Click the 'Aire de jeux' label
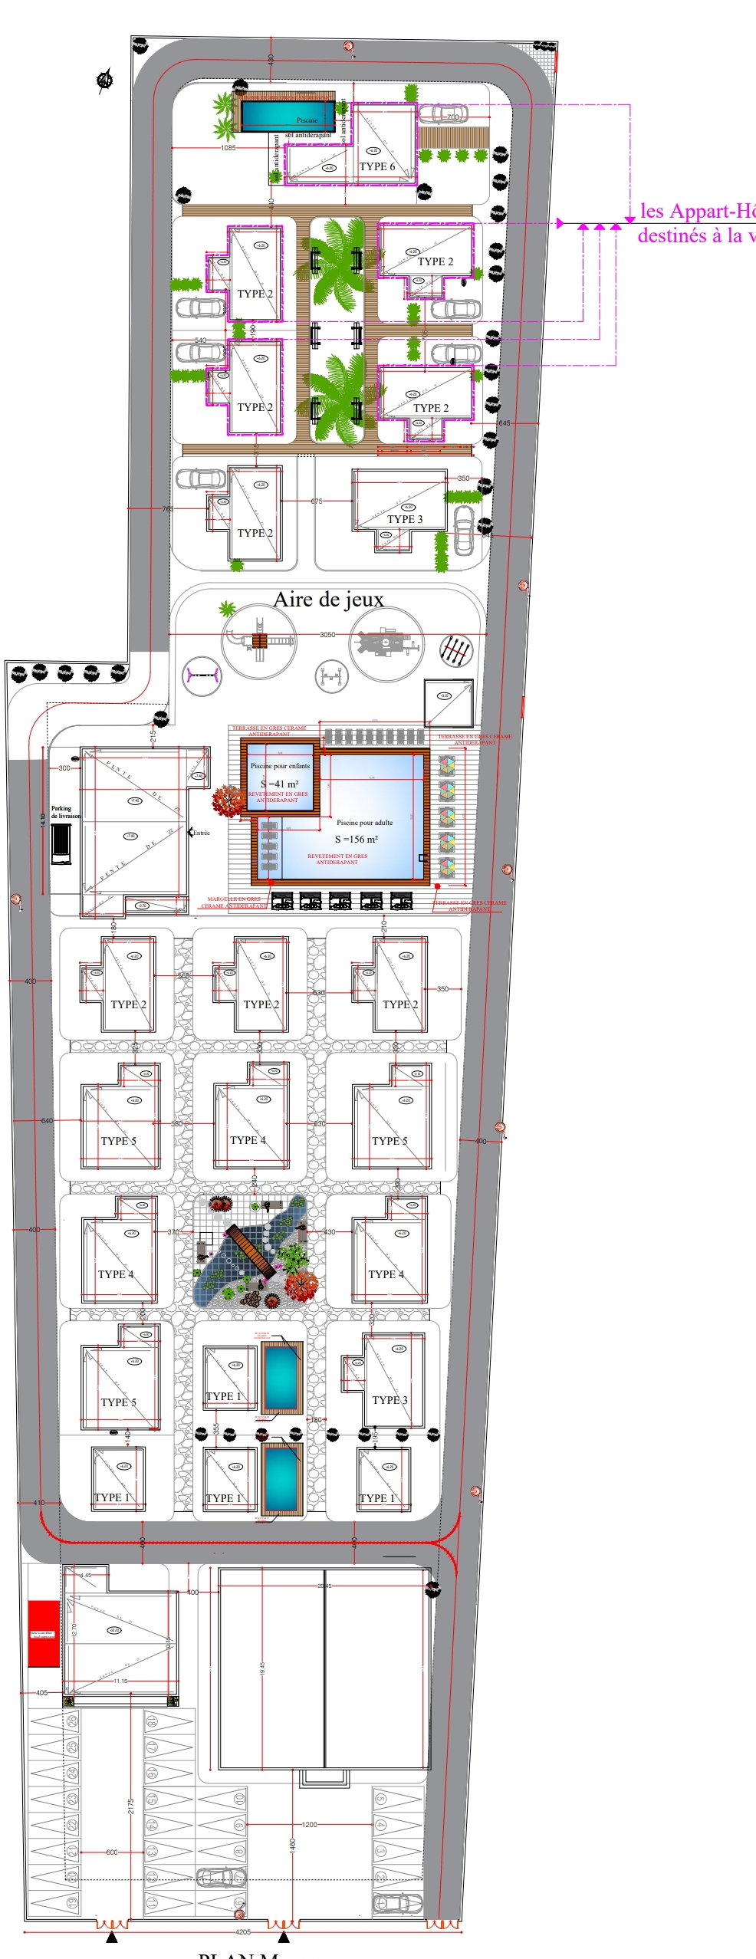click(328, 600)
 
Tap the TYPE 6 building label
click(377, 166)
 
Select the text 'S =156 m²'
click(356, 839)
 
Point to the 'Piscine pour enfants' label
click(280, 765)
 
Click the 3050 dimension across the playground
click(327, 635)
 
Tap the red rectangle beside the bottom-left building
click(44, 1633)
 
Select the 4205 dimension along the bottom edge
click(243, 1931)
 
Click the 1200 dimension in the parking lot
click(310, 1824)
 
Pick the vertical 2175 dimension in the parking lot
click(131, 1806)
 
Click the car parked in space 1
click(396, 1903)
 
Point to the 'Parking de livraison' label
click(65, 812)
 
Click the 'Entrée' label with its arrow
click(199, 833)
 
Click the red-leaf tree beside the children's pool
click(228, 800)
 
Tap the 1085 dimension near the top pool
click(228, 147)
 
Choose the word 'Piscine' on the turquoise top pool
click(307, 120)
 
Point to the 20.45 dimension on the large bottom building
click(324, 1585)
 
